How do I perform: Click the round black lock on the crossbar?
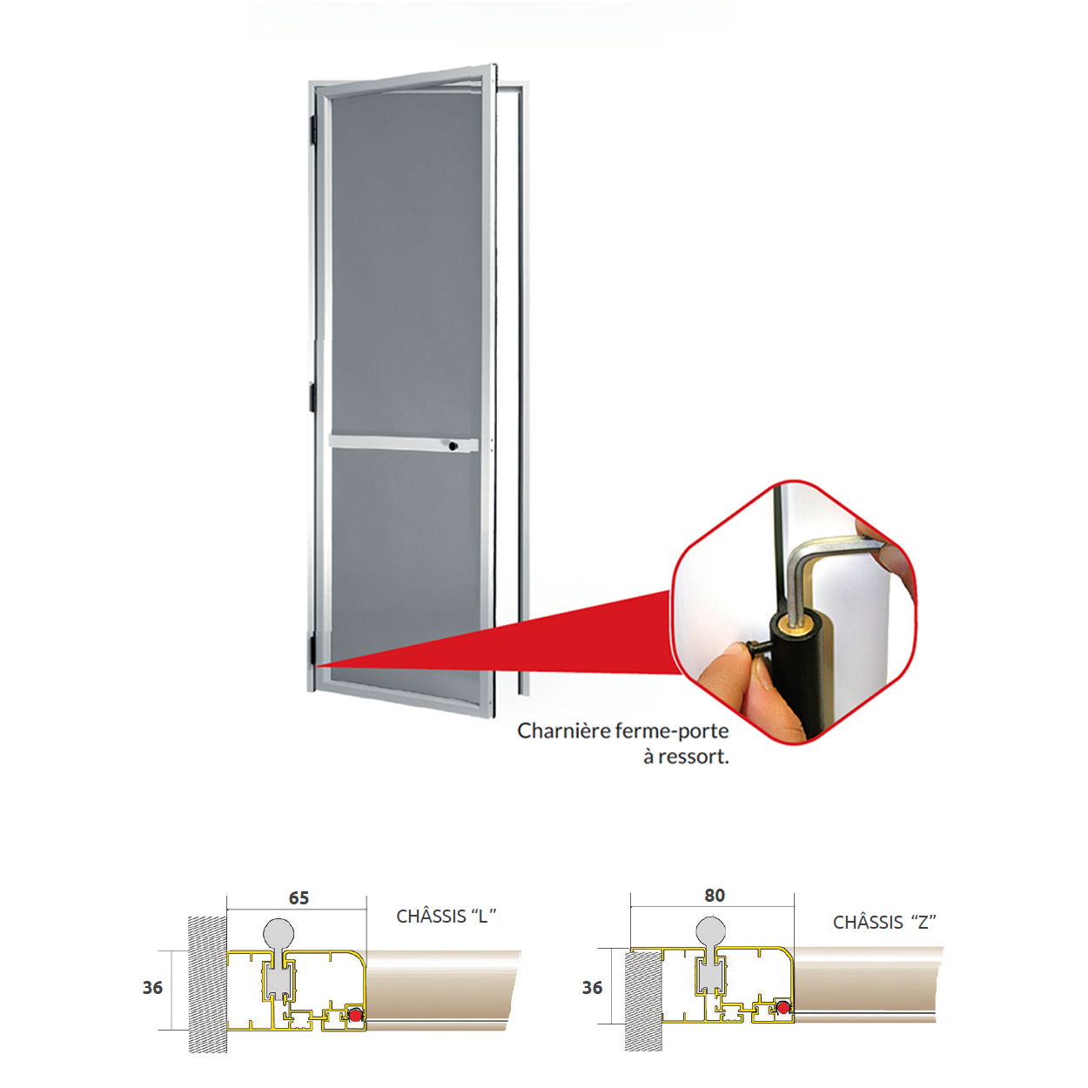pyautogui.click(x=453, y=446)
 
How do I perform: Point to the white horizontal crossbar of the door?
pyautogui.click(x=404, y=443)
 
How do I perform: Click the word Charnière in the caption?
pyautogui.click(x=564, y=731)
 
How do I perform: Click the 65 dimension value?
pyautogui.click(x=299, y=897)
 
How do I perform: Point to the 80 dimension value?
pyautogui.click(x=715, y=895)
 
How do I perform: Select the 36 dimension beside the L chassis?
pyautogui.click(x=152, y=988)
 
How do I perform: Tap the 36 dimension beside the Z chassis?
pyautogui.click(x=592, y=988)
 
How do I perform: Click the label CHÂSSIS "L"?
pyautogui.click(x=446, y=916)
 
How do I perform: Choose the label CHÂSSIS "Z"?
pyautogui.click(x=884, y=922)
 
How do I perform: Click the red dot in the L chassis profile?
pyautogui.click(x=356, y=1015)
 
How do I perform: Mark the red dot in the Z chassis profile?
pyautogui.click(x=782, y=1007)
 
